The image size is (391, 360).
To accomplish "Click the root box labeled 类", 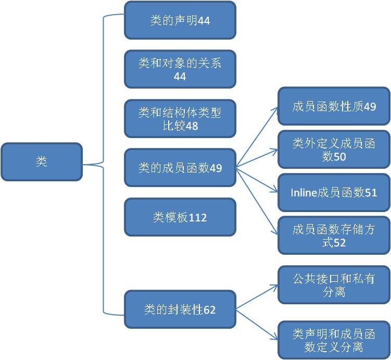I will [x=42, y=162].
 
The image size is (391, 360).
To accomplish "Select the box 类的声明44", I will [x=180, y=20].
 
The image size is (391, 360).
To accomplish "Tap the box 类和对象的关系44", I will [x=180, y=69].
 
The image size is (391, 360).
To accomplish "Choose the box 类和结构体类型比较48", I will [x=180, y=119].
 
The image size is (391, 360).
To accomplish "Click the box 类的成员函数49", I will [x=180, y=168].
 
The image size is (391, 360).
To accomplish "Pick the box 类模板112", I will [x=180, y=217].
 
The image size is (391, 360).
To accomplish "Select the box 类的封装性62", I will [x=180, y=309].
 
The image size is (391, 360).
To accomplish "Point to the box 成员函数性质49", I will [x=334, y=107].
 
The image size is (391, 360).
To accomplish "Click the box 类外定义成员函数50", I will [x=334, y=150].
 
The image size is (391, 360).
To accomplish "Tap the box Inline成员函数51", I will [x=334, y=193].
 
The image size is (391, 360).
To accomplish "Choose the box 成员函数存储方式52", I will [x=334, y=235].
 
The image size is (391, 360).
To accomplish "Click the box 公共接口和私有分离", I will [x=334, y=284].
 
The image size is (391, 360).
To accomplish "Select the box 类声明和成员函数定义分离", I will [x=334, y=340].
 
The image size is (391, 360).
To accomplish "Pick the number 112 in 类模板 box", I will [x=198, y=218].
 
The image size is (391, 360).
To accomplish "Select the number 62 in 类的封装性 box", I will [x=209, y=310].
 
